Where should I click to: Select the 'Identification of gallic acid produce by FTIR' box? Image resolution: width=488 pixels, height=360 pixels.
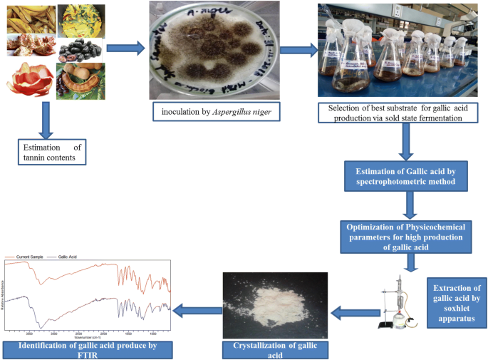pos(88,349)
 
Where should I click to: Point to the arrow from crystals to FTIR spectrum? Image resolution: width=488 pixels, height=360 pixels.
pos(195,309)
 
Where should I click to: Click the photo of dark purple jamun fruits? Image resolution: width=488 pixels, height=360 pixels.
pos(80,50)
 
